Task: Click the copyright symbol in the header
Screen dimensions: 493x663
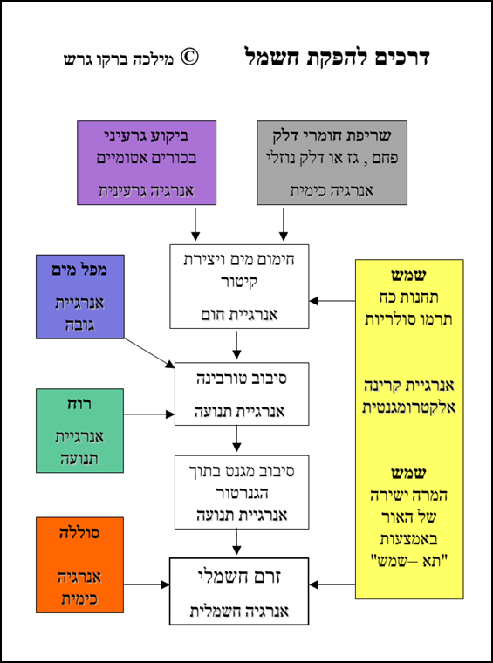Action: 189,58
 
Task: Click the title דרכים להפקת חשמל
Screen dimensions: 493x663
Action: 338,57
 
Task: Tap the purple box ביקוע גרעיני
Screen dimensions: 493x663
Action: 147,163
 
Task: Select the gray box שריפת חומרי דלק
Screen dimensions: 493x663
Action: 332,163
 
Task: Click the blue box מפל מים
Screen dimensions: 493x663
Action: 80,297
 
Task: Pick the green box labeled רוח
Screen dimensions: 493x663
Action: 80,430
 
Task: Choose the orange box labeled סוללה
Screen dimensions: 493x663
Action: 80,565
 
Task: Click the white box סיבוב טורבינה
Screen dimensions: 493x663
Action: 242,393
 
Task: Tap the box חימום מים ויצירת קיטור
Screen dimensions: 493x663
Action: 239,286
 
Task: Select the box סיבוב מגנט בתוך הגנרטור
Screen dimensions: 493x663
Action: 242,492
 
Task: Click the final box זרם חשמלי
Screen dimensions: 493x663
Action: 239,591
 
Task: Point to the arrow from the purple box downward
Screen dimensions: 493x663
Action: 195,224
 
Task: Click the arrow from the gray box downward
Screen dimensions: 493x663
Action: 284,224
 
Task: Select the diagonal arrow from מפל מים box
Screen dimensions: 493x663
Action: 149,353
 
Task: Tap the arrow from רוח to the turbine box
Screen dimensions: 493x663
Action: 149,414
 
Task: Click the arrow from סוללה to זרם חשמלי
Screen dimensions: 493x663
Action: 147,585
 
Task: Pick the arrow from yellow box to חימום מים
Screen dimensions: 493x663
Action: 332,301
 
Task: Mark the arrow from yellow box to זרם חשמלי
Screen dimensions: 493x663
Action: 332,585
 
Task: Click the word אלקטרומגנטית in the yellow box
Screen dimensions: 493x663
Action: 409,407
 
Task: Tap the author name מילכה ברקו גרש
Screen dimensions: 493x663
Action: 119,58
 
